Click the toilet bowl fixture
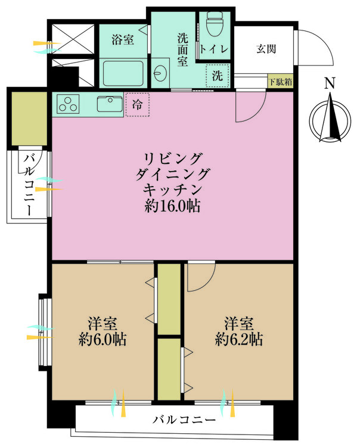pyautogui.click(x=215, y=24)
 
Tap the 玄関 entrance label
pyautogui.click(x=266, y=49)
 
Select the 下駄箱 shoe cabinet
pyautogui.click(x=281, y=82)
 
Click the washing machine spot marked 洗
pyautogui.click(x=218, y=76)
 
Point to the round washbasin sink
pyautogui.click(x=160, y=73)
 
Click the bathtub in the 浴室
pyautogui.click(x=123, y=73)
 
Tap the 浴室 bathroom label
pyautogui.click(x=123, y=39)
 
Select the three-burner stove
pyautogui.click(x=68, y=104)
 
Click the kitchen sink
pyautogui.click(x=110, y=104)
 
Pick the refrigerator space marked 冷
pyautogui.click(x=138, y=105)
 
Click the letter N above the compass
pyautogui.click(x=330, y=83)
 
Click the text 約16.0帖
pyautogui.click(x=172, y=206)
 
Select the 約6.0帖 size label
pyautogui.click(x=103, y=340)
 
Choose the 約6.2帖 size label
pyautogui.click(x=239, y=340)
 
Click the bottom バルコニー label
pyautogui.click(x=184, y=420)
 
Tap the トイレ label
pyautogui.click(x=215, y=49)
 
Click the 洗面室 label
pyautogui.click(x=183, y=49)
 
